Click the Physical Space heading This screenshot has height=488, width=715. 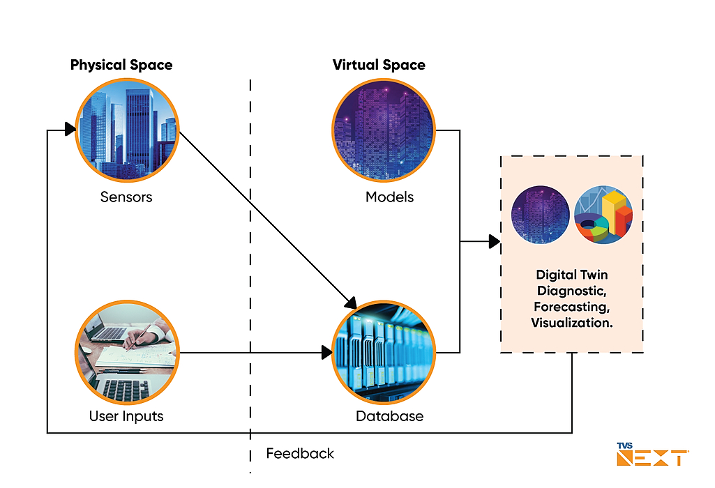(121, 66)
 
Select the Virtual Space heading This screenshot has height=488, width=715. (379, 66)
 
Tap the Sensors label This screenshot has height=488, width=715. (126, 197)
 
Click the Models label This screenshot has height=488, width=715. (389, 197)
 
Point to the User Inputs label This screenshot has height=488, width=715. (126, 417)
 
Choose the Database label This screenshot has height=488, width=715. (389, 417)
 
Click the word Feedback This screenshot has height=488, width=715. (300, 454)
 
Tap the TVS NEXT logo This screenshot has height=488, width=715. (653, 455)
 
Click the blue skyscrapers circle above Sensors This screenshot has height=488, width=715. (127, 130)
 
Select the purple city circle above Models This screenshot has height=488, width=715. (383, 130)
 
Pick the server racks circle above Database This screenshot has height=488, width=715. (383, 352)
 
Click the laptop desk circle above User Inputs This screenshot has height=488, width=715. (127, 352)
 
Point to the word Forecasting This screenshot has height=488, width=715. (571, 306)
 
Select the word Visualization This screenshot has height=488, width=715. (571, 322)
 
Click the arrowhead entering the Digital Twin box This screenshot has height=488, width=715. (494, 242)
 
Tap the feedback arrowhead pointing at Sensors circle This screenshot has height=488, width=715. (70, 130)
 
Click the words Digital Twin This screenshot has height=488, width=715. (571, 275)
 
